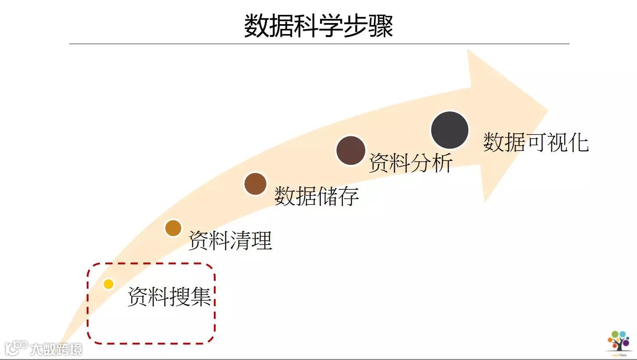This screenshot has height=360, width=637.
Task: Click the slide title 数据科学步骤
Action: click(318, 25)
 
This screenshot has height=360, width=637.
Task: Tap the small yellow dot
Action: click(108, 284)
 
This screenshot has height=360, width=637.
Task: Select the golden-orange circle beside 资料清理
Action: click(173, 228)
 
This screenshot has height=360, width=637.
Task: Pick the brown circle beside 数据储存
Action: click(255, 184)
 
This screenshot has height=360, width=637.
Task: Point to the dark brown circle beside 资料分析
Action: click(351, 150)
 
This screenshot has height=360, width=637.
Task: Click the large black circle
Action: click(450, 130)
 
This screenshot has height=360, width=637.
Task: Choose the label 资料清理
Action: click(230, 240)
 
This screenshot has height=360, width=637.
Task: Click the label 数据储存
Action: click(317, 196)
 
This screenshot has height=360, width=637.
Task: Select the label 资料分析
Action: click(411, 163)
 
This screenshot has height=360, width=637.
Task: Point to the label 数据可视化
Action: click(536, 143)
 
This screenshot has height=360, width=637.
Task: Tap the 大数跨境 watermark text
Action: click(56, 349)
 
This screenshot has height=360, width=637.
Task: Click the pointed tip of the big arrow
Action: click(548, 110)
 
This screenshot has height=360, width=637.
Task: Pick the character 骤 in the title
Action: click(381, 25)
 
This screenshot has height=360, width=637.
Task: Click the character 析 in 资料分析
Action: click(442, 163)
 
